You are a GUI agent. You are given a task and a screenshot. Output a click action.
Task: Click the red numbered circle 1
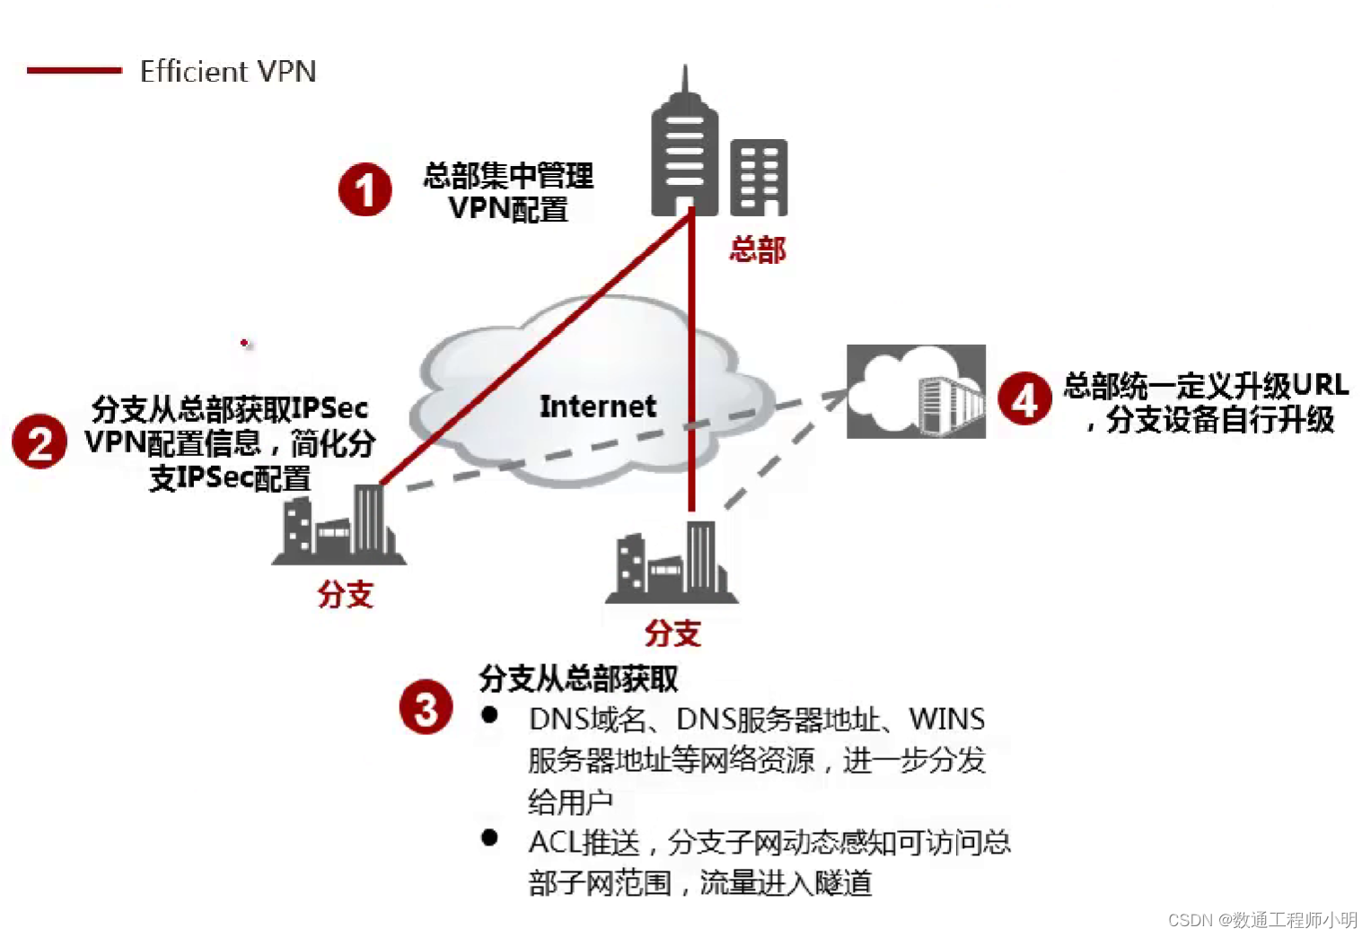(x=365, y=189)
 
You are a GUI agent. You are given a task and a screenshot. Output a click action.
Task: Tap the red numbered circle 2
(x=40, y=442)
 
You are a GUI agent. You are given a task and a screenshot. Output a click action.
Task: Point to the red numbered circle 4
(x=1024, y=398)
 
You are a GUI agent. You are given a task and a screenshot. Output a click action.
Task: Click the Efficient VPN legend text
(x=228, y=71)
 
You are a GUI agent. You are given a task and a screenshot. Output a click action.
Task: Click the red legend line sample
(x=74, y=70)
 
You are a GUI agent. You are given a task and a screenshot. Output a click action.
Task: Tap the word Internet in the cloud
(x=597, y=407)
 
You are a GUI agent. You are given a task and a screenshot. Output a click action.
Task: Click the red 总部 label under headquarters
(x=757, y=250)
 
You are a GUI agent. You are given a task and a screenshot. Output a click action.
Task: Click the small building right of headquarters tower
(x=759, y=178)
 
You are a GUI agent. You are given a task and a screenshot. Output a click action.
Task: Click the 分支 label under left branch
(x=345, y=594)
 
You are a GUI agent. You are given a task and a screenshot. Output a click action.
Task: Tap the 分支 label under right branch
(x=672, y=633)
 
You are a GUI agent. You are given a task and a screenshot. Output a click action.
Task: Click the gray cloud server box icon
(x=916, y=391)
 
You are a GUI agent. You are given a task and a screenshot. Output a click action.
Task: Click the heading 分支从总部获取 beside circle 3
(x=578, y=679)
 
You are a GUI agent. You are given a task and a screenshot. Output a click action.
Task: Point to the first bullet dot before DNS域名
(x=489, y=715)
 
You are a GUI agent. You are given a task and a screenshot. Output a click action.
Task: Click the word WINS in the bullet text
(x=946, y=719)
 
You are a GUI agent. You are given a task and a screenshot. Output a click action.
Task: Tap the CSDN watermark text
(x=1262, y=920)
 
